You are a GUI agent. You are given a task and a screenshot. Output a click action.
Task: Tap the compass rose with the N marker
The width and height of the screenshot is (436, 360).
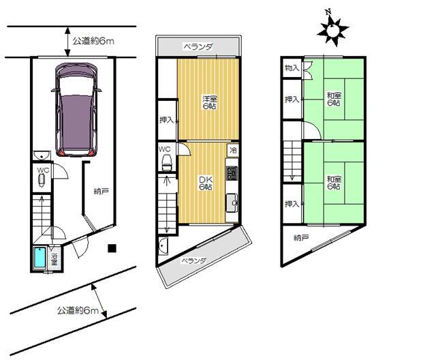tap(332, 29)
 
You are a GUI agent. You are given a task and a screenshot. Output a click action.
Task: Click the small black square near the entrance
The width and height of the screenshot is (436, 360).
tap(114, 248)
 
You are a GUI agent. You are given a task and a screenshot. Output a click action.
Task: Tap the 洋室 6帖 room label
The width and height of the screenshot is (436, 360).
tap(208, 102)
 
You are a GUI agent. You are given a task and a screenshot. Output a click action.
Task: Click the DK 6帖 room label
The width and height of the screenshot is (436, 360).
tap(205, 183)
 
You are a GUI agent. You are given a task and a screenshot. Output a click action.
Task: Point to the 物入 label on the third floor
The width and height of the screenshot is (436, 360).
tap(291, 68)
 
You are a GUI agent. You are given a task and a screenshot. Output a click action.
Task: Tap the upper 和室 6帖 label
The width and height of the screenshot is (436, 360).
tap(333, 99)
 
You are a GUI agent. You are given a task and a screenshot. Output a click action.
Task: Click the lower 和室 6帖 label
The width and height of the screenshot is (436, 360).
tap(333, 183)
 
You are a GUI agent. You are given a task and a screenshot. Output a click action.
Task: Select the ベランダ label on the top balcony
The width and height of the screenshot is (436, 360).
tap(198, 47)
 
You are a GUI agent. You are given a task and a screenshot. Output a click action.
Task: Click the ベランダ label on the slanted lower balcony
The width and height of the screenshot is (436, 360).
tap(195, 260)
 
